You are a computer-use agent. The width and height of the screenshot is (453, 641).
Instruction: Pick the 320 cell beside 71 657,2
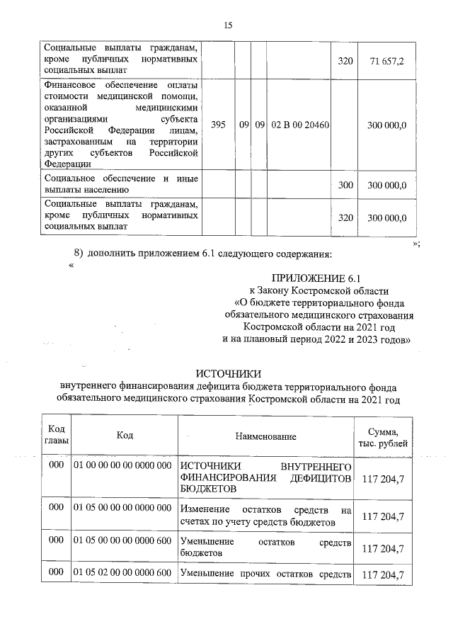click(345, 62)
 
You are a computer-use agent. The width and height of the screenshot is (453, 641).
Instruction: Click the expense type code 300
click(345, 186)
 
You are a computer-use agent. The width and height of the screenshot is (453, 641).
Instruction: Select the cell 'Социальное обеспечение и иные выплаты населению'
click(120, 185)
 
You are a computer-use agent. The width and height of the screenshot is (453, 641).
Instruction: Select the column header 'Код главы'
click(56, 436)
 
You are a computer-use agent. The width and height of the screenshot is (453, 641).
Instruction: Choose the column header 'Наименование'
click(265, 437)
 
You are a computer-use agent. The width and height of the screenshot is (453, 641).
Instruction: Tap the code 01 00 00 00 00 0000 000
click(123, 465)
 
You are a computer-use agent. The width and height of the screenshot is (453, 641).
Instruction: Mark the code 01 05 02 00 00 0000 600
click(123, 572)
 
